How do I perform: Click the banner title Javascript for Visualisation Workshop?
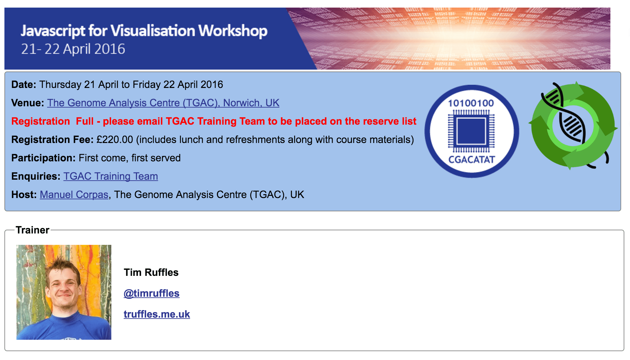click(x=144, y=31)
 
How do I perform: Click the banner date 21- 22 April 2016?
click(x=73, y=49)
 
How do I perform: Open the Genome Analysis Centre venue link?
click(x=163, y=103)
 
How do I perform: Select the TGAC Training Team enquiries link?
click(x=111, y=176)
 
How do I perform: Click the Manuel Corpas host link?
click(x=74, y=195)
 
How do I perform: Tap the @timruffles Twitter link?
click(x=151, y=293)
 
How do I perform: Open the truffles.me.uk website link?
click(x=157, y=314)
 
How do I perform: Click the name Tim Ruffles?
click(x=151, y=272)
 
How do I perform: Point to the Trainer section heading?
click(x=33, y=230)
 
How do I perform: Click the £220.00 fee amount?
click(x=115, y=140)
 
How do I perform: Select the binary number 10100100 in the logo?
click(x=471, y=103)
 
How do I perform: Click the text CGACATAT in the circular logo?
click(x=472, y=159)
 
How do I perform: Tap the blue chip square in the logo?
click(x=471, y=131)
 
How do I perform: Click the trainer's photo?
click(x=64, y=292)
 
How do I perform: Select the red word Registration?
click(x=41, y=121)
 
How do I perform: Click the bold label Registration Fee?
click(x=52, y=140)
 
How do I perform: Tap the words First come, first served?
click(x=130, y=158)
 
